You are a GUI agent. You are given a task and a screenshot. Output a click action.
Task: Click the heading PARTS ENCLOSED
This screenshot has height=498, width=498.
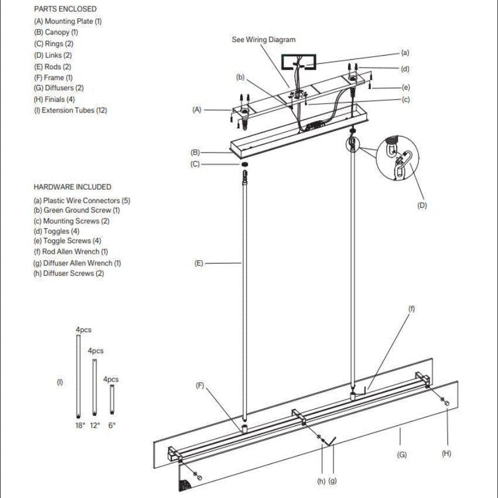(x=65, y=9)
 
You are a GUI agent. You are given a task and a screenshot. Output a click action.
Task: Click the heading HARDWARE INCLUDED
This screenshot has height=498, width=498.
(x=72, y=187)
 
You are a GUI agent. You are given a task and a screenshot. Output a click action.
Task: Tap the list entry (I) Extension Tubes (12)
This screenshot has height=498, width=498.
(x=70, y=110)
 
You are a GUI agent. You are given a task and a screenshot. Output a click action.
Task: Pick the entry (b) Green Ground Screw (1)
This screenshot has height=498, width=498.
(x=77, y=210)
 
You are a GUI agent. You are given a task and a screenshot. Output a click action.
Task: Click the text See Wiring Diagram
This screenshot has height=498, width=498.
(x=264, y=39)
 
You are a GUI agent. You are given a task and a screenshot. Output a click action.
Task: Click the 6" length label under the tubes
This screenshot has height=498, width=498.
(x=111, y=425)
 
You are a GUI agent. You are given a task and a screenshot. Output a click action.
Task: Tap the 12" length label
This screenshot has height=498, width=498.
(x=95, y=425)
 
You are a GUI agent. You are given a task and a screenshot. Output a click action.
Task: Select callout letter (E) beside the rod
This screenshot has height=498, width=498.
(x=199, y=264)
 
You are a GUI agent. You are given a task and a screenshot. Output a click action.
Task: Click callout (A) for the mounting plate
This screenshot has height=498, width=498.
(x=197, y=110)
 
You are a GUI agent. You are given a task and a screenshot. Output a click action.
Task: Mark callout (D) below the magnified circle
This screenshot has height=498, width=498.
(x=422, y=206)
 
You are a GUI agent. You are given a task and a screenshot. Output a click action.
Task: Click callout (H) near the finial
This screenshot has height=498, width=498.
(x=447, y=453)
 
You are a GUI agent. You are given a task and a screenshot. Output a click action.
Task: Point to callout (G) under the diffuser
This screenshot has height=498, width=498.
(x=402, y=454)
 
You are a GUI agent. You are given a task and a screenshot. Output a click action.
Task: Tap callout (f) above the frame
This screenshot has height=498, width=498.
(x=411, y=309)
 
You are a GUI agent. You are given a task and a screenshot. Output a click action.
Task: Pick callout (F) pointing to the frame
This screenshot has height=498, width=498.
(x=200, y=386)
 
